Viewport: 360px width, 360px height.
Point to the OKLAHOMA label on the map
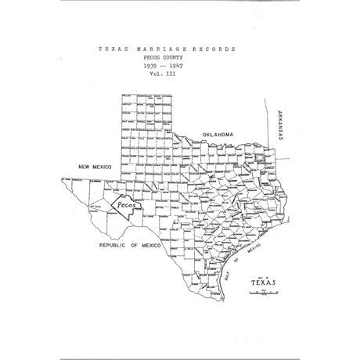[218, 135]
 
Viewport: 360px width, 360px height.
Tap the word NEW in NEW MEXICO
[85, 167]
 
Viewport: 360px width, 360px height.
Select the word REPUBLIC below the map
[113, 245]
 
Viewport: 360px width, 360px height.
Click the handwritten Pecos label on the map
[125, 205]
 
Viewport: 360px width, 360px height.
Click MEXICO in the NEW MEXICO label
[103, 167]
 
